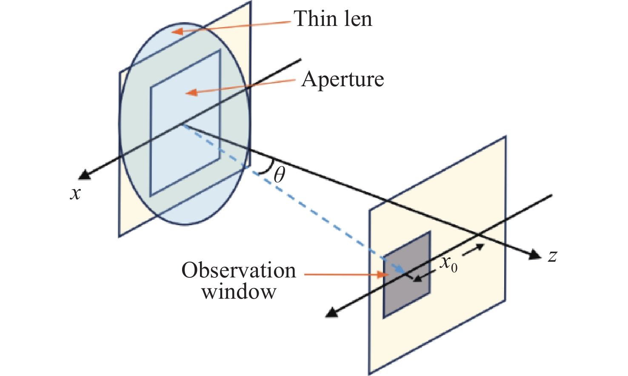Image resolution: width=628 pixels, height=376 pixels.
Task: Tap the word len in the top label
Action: (354, 20)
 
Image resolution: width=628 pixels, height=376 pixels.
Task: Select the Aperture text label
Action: (343, 79)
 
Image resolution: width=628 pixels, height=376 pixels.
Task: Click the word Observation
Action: (238, 270)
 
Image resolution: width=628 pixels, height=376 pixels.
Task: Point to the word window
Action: (239, 291)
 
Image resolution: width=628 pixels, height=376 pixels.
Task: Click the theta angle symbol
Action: (279, 175)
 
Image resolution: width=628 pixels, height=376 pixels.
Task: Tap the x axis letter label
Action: (75, 194)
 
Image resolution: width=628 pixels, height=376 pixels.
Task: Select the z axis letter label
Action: (553, 256)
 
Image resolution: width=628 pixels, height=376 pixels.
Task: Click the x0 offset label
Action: (448, 263)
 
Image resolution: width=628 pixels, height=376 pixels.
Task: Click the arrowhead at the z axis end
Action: (534, 255)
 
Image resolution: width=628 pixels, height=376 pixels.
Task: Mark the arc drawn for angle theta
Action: (267, 168)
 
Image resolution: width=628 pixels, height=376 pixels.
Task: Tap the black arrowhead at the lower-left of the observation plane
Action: (332, 314)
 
